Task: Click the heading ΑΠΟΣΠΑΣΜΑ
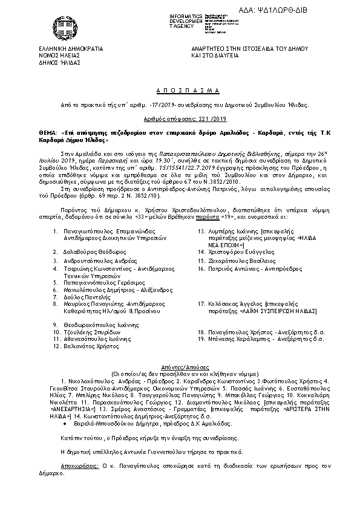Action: tap(179, 88)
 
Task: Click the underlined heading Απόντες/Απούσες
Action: tap(180, 368)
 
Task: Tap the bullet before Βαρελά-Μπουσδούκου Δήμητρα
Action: tap(65, 425)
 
